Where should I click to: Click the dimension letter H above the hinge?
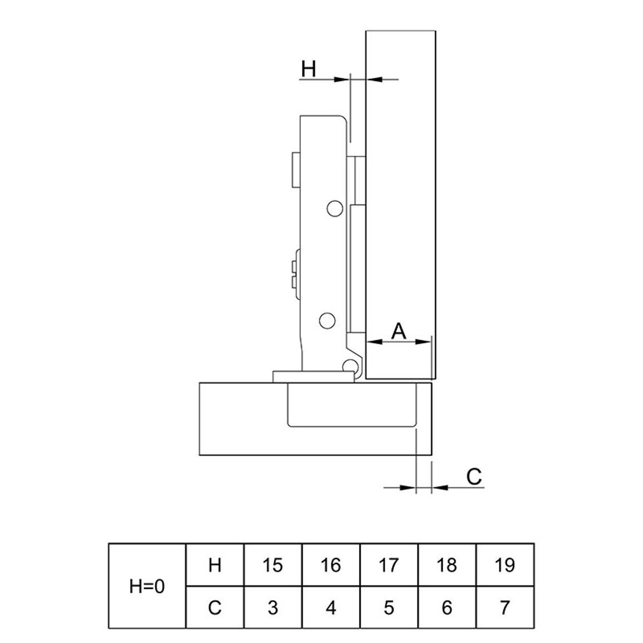[308, 69]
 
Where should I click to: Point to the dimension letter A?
[399, 331]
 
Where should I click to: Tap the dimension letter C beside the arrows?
[474, 477]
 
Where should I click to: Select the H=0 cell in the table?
[147, 586]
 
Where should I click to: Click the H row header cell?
[215, 565]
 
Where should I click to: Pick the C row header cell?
[215, 607]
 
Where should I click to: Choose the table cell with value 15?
[273, 565]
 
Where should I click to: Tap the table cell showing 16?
[331, 565]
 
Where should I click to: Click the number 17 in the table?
[389, 565]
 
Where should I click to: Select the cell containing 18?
[447, 565]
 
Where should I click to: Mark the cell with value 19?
[505, 565]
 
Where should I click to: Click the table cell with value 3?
[273, 607]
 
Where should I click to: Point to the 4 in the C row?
[331, 607]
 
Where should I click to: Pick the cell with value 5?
[389, 607]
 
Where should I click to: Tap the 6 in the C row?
[447, 607]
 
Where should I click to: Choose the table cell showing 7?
[505, 607]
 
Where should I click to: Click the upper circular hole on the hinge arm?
[335, 209]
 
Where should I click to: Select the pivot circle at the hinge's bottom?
[350, 366]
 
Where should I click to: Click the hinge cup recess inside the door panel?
[352, 405]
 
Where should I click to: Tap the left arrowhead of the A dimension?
[374, 341]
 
